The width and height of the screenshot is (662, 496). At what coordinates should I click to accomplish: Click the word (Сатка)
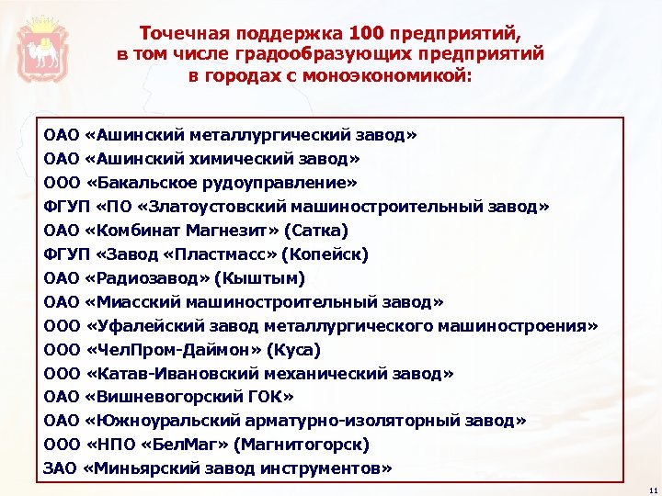pos(320,230)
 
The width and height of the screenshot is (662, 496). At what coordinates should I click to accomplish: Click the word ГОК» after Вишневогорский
pos(272,397)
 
